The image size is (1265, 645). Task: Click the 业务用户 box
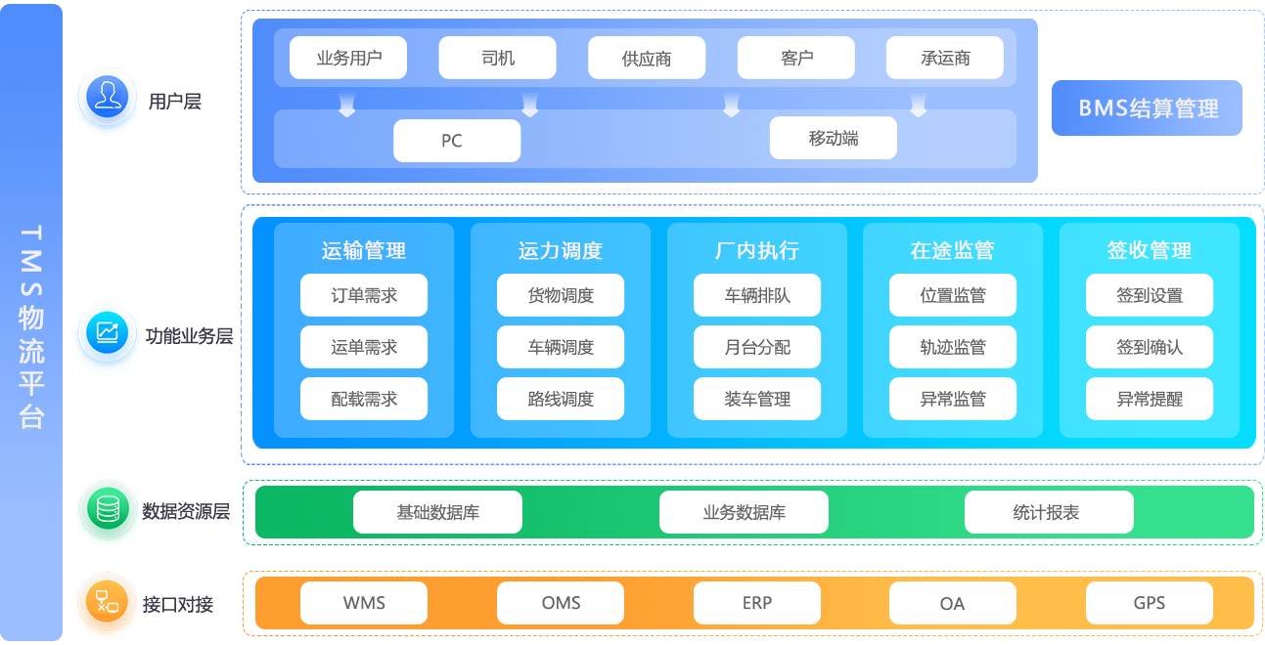tap(349, 58)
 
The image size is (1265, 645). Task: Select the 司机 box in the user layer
tap(498, 58)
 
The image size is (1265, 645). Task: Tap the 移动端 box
tap(834, 139)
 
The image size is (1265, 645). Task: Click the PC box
tap(457, 141)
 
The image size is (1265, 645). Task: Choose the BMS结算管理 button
tap(1148, 108)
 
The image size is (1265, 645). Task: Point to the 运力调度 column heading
tap(561, 251)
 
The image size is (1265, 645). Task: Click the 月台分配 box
tap(757, 347)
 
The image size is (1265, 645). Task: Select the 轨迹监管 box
tap(953, 347)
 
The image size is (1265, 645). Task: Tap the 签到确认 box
tap(1150, 347)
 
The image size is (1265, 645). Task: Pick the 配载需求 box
tap(364, 399)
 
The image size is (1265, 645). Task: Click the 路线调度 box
tap(561, 399)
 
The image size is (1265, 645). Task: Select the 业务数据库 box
tap(744, 512)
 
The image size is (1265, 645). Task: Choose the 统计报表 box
tap(1049, 512)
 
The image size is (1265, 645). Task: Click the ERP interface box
tap(757, 603)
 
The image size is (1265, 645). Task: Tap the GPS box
tap(1150, 603)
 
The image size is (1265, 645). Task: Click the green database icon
tap(107, 508)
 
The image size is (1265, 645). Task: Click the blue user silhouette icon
tap(107, 98)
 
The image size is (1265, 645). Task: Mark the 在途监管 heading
tap(953, 251)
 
